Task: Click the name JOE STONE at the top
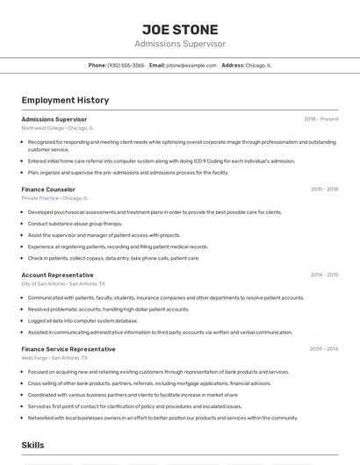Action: click(180, 30)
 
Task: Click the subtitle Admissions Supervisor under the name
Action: click(180, 44)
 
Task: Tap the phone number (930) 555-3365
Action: click(126, 65)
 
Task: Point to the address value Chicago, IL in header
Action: click(258, 65)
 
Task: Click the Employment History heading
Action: click(60, 100)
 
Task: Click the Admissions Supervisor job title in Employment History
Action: click(54, 119)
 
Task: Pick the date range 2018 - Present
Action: click(320, 119)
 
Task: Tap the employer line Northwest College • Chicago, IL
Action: click(57, 128)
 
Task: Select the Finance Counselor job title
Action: click(48, 190)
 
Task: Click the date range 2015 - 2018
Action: click(324, 190)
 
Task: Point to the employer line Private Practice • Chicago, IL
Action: click(56, 198)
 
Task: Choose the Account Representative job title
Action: click(57, 275)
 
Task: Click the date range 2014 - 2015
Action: click(324, 275)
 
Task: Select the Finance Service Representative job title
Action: click(68, 349)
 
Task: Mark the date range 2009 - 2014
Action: click(324, 349)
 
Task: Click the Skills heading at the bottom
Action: click(33, 446)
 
